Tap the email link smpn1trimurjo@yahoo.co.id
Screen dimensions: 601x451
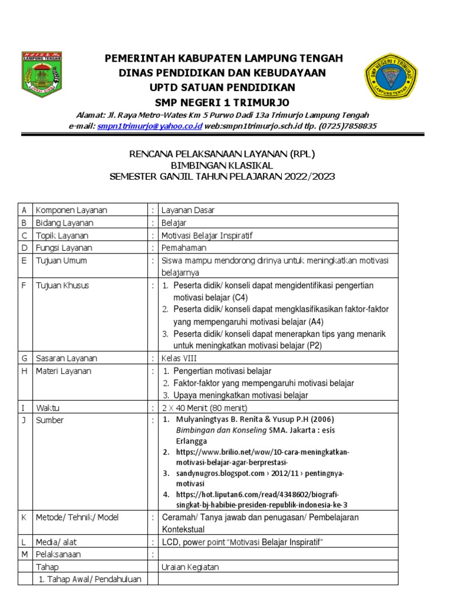point(150,126)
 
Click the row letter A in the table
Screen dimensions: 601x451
point(24,210)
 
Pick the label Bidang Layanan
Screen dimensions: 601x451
point(65,223)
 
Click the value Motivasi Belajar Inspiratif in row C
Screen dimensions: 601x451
point(208,235)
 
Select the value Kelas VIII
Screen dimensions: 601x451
point(179,358)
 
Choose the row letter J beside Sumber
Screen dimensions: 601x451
point(24,420)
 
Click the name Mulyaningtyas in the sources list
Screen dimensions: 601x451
point(201,420)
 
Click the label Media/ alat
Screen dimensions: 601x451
point(57,542)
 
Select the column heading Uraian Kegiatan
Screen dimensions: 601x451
point(190,567)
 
